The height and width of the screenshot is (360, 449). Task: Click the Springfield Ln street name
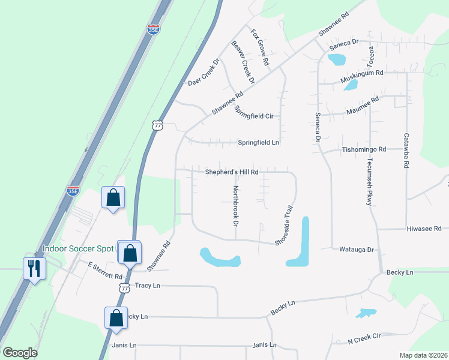259,143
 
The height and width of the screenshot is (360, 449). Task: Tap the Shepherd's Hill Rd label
232,172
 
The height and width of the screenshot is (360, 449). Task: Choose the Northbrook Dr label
236,205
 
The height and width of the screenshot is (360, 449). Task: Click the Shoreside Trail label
283,225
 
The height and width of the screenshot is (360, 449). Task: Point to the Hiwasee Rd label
424,229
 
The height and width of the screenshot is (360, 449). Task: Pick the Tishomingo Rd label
364,149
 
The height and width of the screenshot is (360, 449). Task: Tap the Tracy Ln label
148,286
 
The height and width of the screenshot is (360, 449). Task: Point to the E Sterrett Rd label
105,271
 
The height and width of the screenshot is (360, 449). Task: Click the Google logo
20,353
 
